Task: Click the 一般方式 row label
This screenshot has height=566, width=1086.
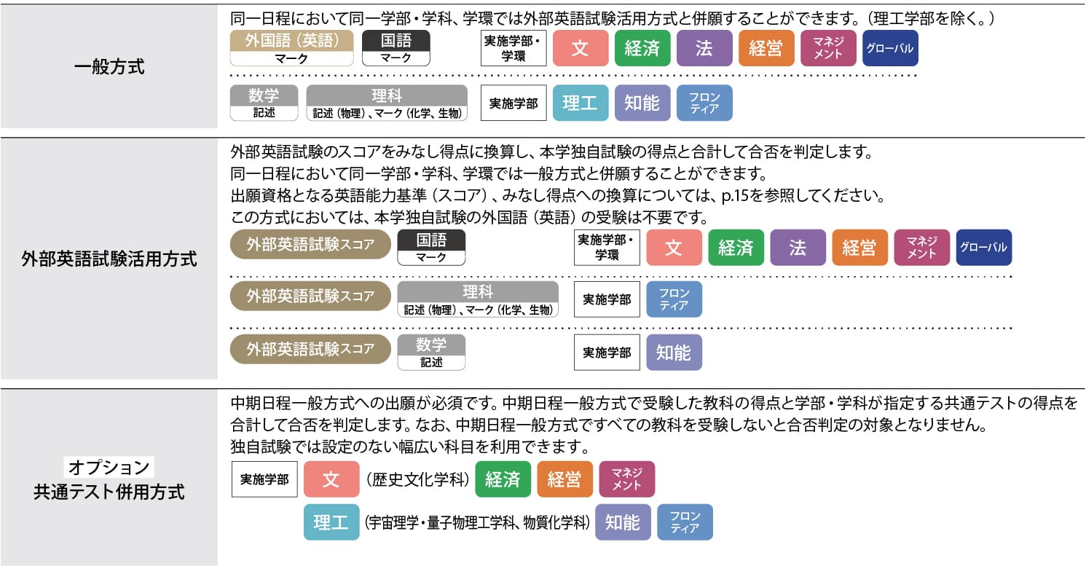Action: tap(109, 67)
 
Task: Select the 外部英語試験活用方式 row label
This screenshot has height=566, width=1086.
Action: tap(109, 259)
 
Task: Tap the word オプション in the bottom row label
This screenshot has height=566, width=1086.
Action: tap(109, 467)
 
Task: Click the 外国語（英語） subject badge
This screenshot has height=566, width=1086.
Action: tap(291, 48)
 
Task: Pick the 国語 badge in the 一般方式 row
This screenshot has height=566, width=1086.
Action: tap(396, 48)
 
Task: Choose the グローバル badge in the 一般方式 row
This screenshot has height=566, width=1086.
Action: tap(890, 48)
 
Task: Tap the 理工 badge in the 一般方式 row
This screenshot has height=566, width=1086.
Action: tap(581, 103)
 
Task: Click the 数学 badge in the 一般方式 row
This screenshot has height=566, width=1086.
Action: tap(264, 103)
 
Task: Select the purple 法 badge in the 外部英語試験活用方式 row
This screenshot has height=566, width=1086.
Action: tap(798, 248)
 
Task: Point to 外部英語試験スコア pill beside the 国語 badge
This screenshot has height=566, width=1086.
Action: tap(310, 244)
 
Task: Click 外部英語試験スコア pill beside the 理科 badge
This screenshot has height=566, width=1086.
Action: tap(310, 296)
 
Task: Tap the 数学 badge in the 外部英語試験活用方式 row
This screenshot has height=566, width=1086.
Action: tap(431, 353)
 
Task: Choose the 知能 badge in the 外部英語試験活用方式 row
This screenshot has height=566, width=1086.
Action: tap(674, 353)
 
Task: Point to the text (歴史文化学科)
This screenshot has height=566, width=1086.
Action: tap(417, 479)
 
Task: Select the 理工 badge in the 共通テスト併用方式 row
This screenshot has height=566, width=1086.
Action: tap(331, 522)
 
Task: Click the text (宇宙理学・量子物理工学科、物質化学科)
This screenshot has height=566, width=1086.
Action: tap(477, 522)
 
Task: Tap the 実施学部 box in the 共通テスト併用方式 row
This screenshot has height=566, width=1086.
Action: tap(264, 479)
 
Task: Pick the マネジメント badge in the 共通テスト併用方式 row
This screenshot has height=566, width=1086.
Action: tap(627, 479)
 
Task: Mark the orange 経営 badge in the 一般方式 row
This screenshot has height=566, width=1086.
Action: tap(766, 48)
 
